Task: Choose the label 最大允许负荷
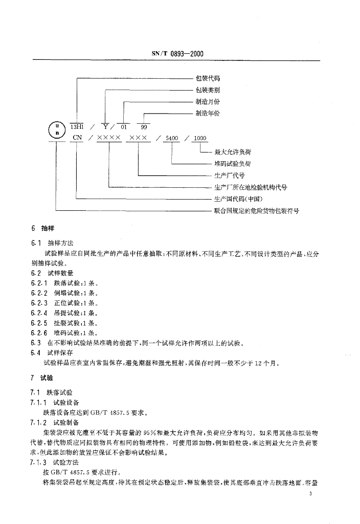pyautogui.click(x=233, y=152)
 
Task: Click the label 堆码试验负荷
pyautogui.click(x=233, y=164)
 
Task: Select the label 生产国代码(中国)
pyautogui.click(x=239, y=199)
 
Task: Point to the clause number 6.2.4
pyautogui.click(x=39, y=313)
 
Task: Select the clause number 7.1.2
pyautogui.click(x=39, y=423)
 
